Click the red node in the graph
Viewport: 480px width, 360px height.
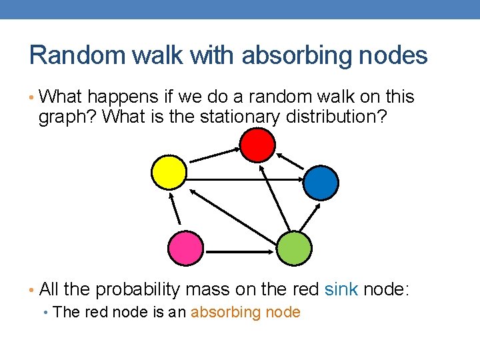(257, 145)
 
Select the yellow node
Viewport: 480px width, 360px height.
(169, 172)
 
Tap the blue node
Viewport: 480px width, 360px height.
(321, 183)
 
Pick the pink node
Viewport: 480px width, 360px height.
(185, 248)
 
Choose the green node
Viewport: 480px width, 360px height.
(294, 248)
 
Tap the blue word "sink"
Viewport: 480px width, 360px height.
(341, 289)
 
